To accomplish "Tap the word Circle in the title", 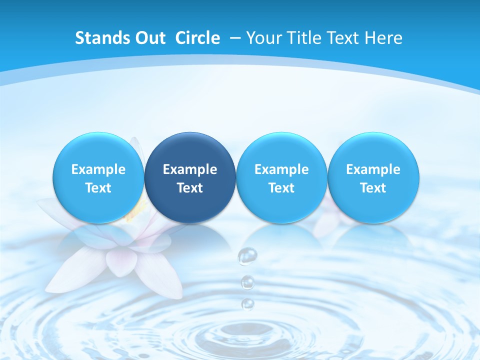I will click(197, 38).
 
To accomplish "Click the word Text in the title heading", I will click(345, 38).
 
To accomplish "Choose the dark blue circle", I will click(190, 178).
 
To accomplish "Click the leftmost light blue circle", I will click(98, 178).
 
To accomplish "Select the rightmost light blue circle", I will click(373, 178).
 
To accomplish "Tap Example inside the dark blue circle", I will click(190, 169).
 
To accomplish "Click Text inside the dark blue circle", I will click(190, 188).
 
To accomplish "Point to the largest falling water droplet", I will click(247, 256).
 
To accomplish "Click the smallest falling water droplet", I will click(247, 303).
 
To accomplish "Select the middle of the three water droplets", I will click(247, 282).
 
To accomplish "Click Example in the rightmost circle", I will click(373, 169).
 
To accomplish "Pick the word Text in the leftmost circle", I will click(98, 188).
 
